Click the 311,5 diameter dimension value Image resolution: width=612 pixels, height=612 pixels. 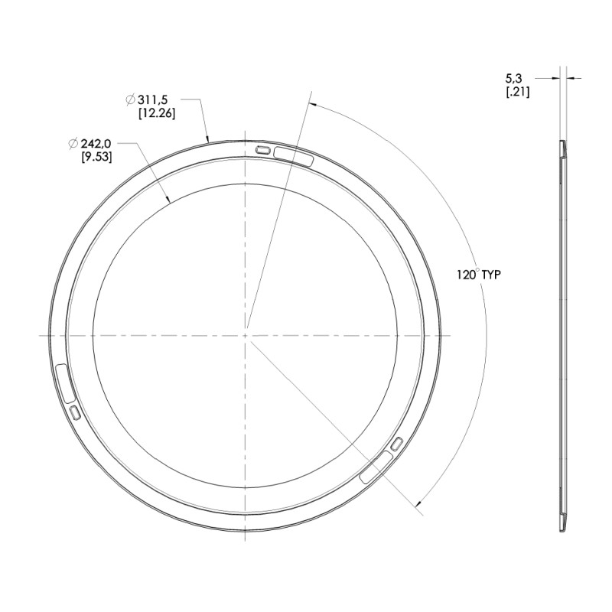point(151,99)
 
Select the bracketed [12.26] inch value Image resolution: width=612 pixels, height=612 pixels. point(157,113)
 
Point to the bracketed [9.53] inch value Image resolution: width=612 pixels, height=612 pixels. point(96,157)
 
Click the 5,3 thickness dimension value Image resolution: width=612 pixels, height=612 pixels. point(513,80)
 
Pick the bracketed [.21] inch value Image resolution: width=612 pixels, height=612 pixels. point(518,93)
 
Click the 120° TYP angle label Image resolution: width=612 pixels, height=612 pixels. point(479,275)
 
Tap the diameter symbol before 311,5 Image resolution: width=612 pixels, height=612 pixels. point(130,99)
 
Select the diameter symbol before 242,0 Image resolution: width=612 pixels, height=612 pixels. point(73,144)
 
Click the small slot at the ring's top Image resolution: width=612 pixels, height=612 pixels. point(263,149)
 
